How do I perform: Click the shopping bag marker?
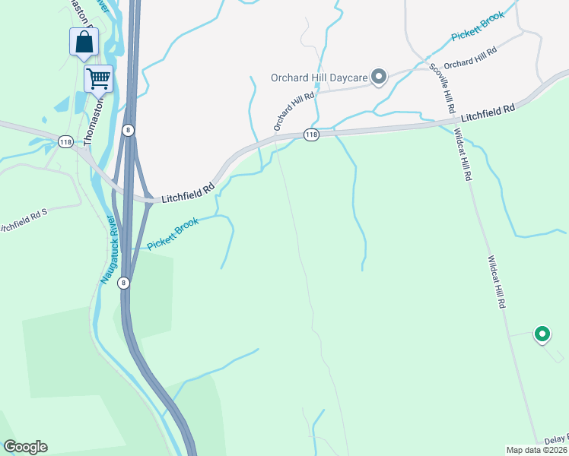(84, 43)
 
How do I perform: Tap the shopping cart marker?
(98, 78)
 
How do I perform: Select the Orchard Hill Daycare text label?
(319, 77)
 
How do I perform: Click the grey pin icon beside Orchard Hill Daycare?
(379, 77)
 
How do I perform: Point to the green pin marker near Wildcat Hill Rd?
(542, 334)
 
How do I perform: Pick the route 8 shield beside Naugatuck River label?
(124, 282)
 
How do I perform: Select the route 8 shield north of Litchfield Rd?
(129, 130)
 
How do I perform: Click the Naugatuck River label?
(107, 250)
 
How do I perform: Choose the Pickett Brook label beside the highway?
(173, 233)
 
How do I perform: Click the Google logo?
(25, 447)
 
